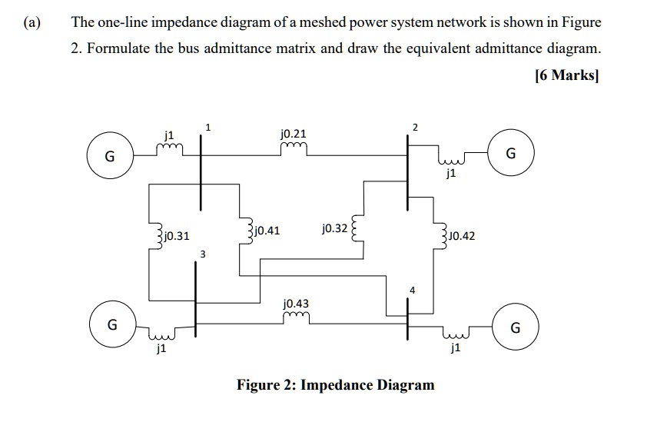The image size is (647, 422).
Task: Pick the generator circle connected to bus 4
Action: coord(516,330)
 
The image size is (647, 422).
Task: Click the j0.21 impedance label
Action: coord(294,135)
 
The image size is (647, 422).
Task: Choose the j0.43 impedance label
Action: coord(297,304)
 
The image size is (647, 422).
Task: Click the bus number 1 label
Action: coord(207,127)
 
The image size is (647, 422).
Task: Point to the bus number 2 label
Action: coord(416,127)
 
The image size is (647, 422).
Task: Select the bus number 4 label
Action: coord(413,290)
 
